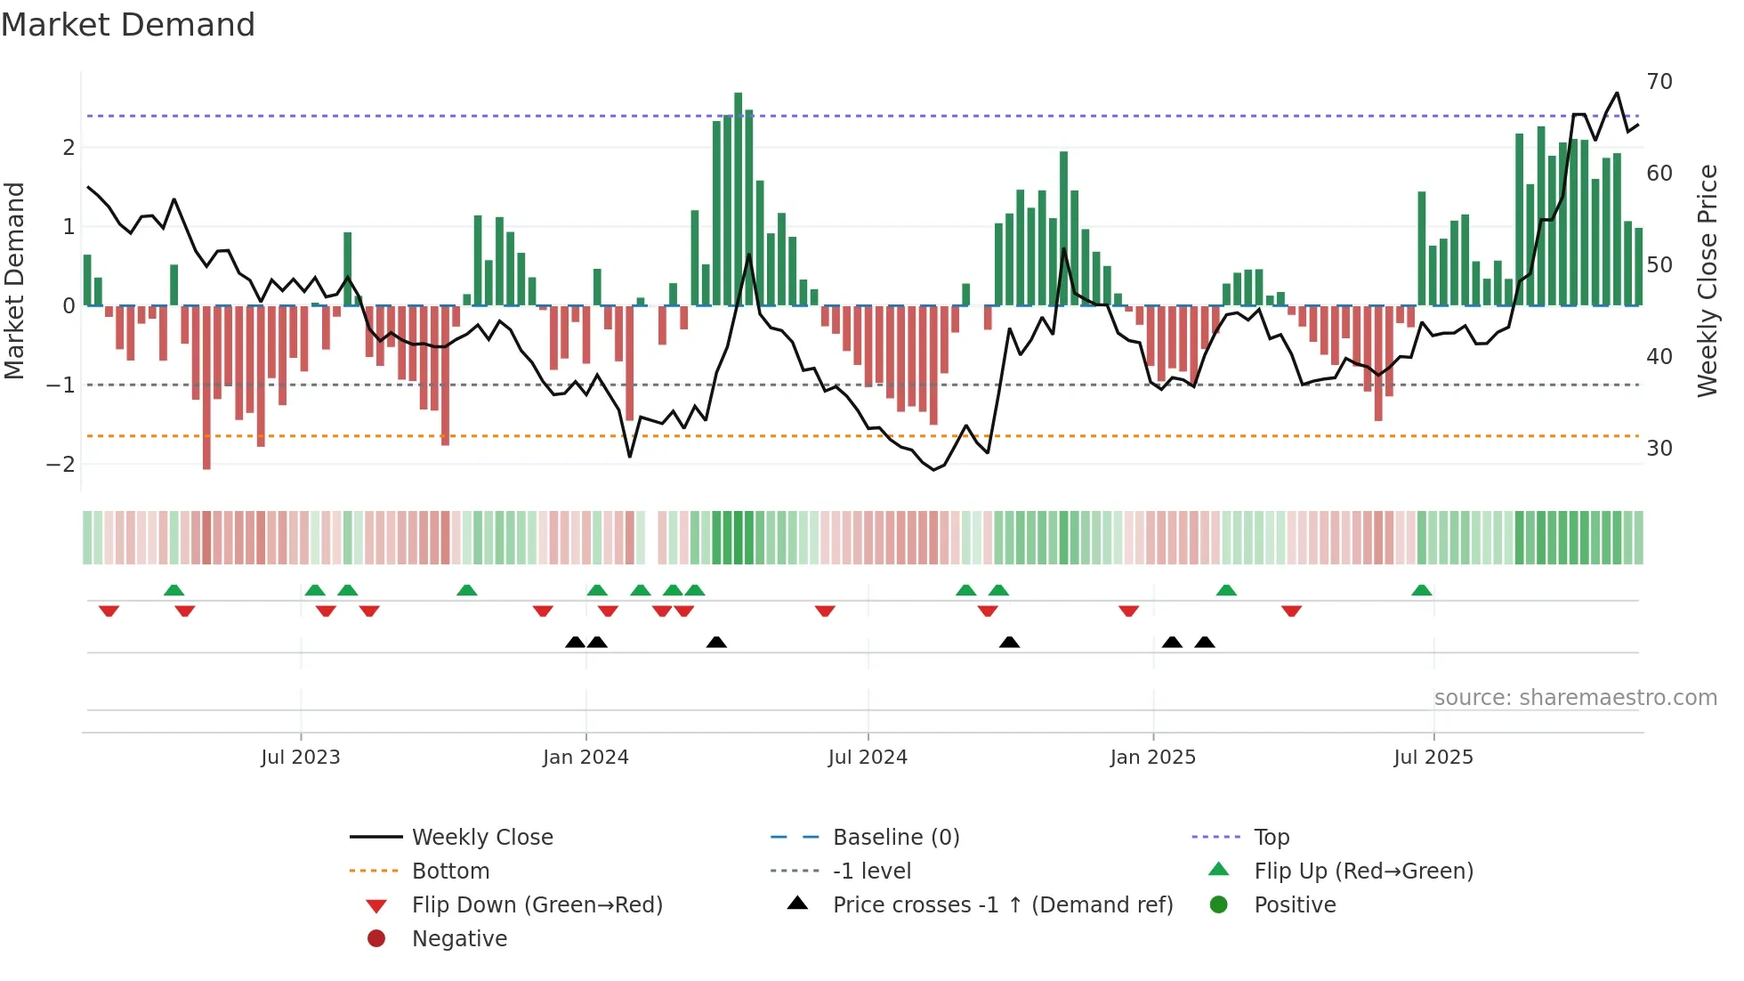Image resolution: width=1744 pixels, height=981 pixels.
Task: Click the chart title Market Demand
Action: pos(128,25)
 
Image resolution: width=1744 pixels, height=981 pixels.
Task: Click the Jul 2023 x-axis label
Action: pos(301,758)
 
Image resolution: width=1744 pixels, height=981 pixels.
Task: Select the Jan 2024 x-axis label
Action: pos(585,758)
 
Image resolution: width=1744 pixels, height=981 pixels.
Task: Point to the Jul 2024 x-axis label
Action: pos(868,758)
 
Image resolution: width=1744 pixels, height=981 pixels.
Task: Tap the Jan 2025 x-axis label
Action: pos(1153,758)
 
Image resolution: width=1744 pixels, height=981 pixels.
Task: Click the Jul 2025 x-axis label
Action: pos(1433,758)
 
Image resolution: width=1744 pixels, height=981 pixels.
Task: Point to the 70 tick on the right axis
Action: pos(1659,82)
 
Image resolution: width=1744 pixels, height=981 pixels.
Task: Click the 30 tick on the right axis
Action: pos(1659,449)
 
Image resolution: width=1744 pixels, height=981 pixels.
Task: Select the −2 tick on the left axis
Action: pos(61,465)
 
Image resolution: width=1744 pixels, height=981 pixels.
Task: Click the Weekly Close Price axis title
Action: pos(1707,280)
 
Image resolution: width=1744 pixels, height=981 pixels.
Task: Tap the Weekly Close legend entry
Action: pos(481,838)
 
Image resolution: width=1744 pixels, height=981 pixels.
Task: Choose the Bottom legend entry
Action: pos(450,872)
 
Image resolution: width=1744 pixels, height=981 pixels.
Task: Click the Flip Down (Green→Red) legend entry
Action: pos(537,905)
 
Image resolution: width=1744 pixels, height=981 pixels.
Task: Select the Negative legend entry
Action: pos(459,939)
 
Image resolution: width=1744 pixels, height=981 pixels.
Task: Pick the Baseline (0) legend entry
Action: pos(895,838)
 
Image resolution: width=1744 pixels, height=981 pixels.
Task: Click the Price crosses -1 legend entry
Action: pos(1002,905)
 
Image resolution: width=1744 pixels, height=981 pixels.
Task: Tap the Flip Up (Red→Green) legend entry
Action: pos(1363,872)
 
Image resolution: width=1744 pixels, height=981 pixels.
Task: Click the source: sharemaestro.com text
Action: pos(1575,698)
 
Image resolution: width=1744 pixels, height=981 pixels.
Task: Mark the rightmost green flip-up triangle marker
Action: pos(1422,590)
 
